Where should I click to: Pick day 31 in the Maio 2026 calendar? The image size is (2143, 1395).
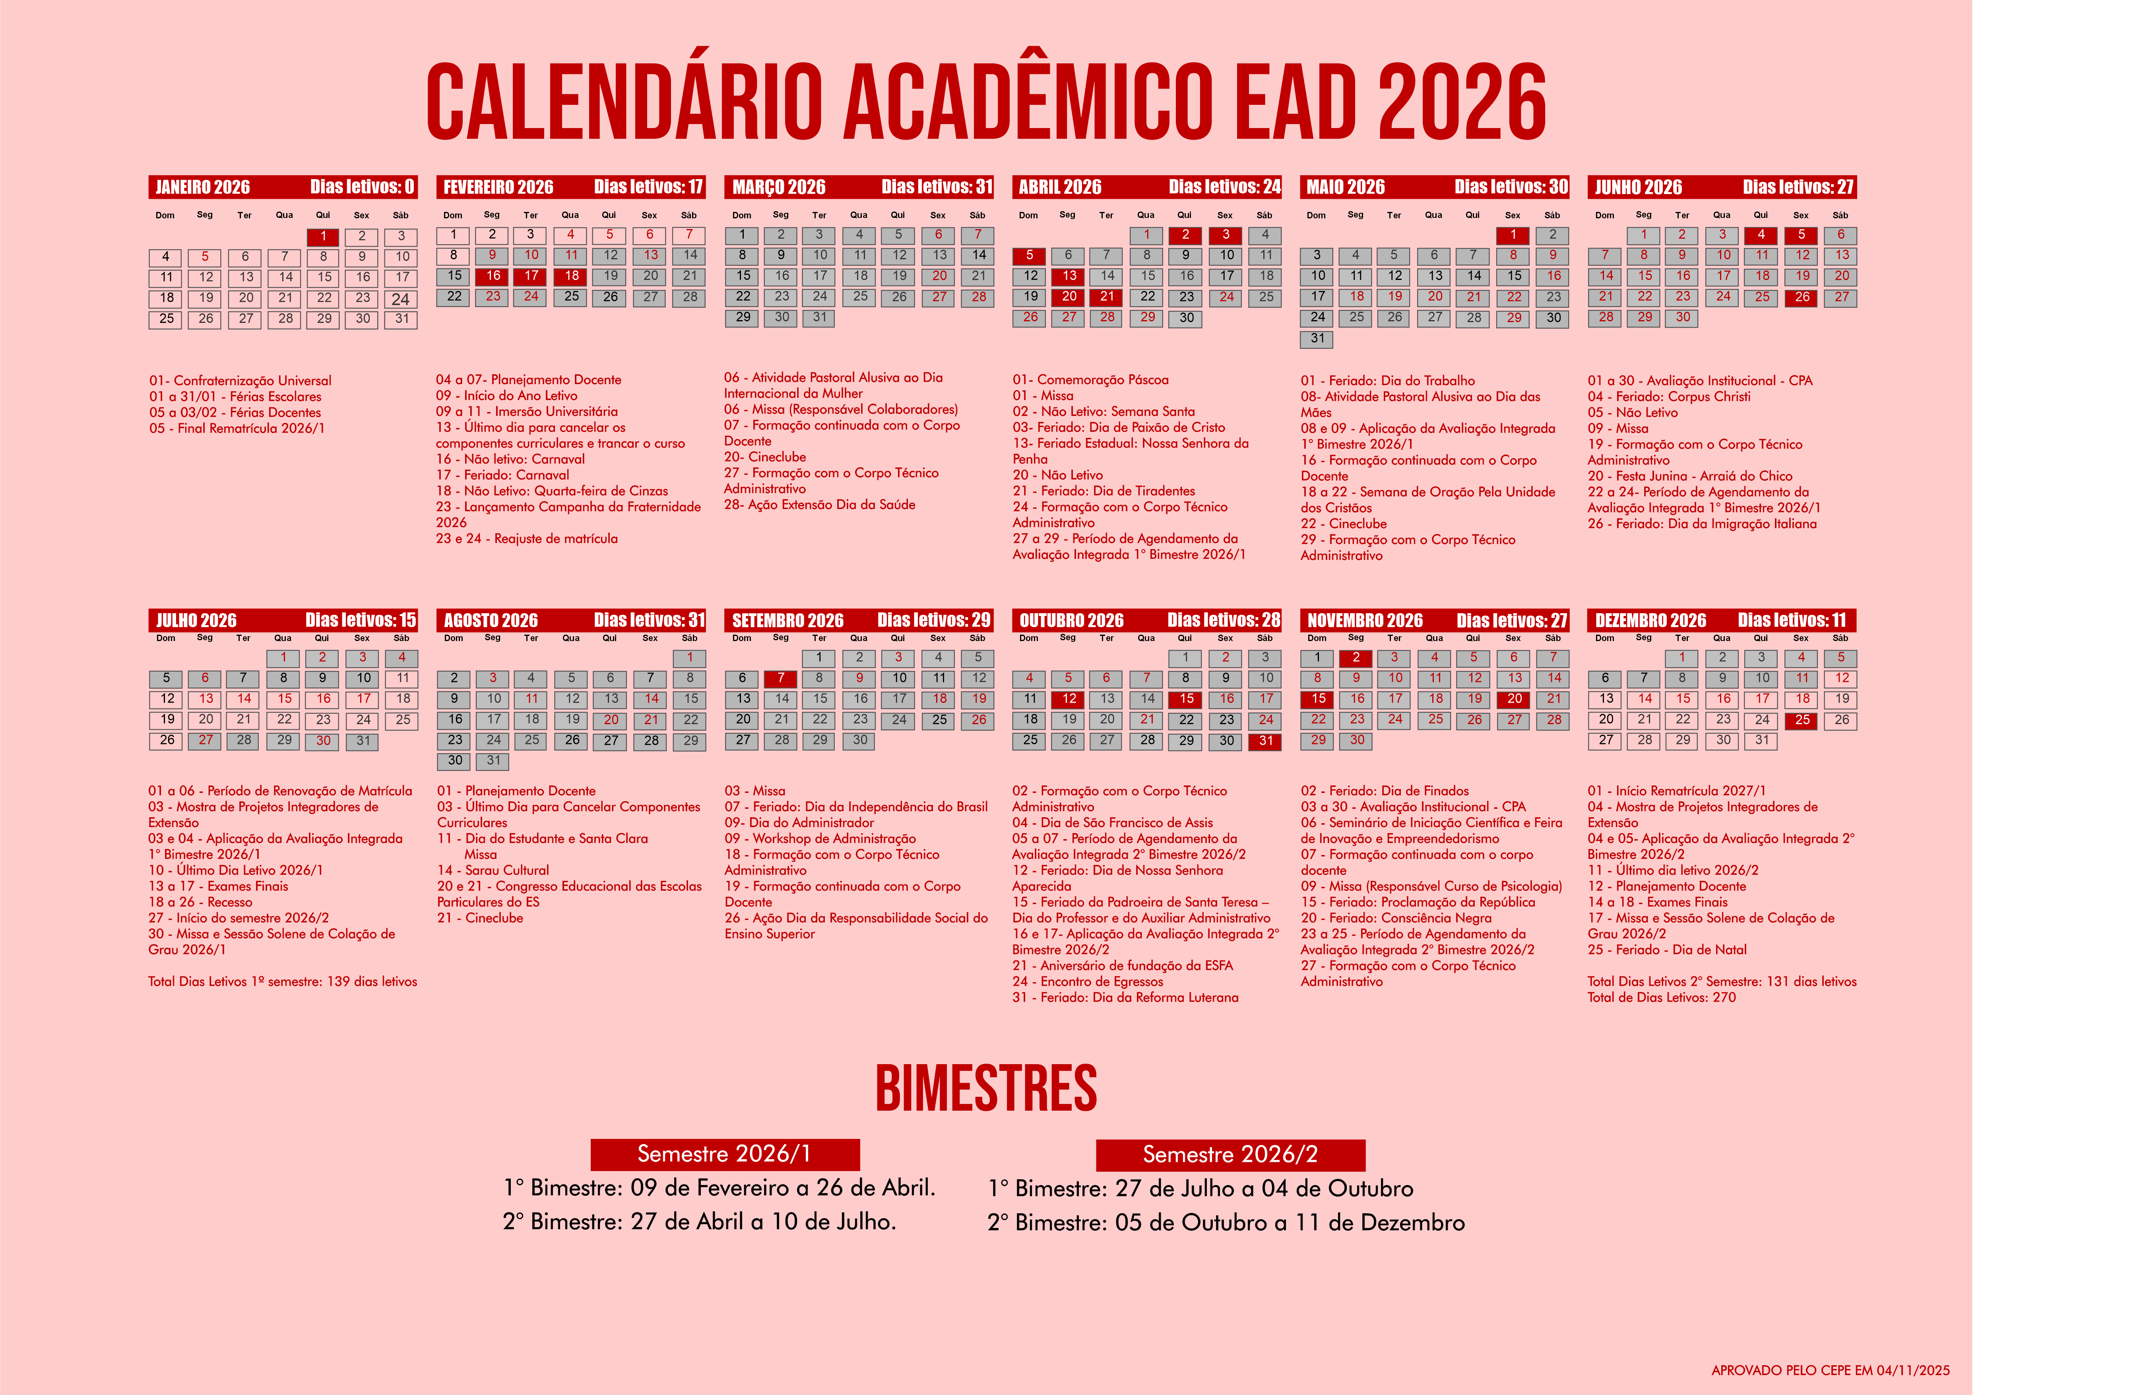(1317, 339)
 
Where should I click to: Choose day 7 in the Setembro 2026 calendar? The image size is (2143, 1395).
(781, 678)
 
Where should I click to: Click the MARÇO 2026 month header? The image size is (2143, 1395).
(779, 187)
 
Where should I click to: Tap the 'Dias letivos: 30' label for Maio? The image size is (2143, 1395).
(1511, 187)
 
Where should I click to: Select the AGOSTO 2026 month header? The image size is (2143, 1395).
(491, 620)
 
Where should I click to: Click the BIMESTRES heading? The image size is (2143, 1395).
(986, 1088)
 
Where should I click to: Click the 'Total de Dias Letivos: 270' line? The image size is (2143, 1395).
(1661, 997)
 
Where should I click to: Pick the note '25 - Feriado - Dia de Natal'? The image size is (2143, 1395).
(1667, 949)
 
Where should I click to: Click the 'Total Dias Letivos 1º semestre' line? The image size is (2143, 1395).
(283, 982)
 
